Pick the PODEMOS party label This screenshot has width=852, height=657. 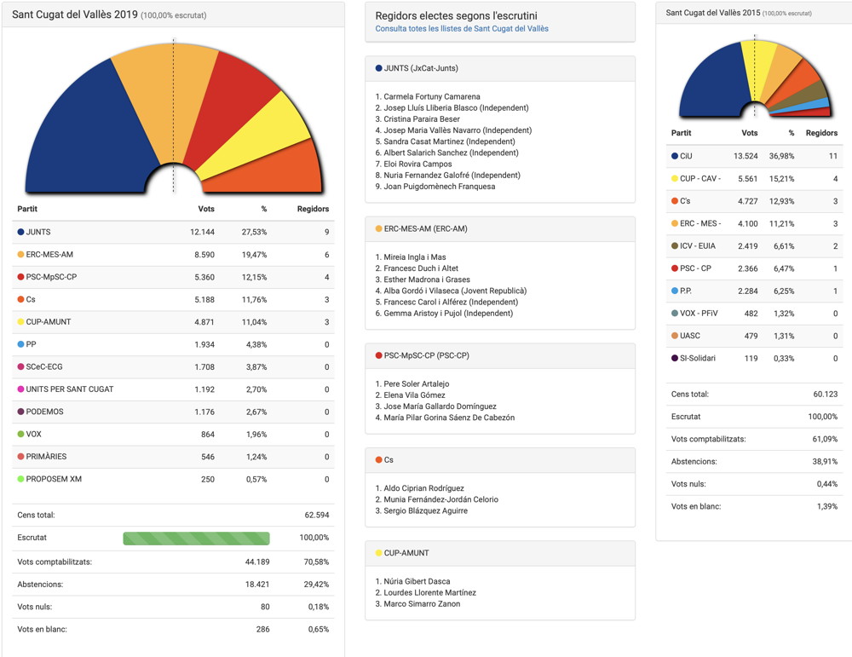tap(45, 412)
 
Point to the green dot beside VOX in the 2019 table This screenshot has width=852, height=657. tap(20, 434)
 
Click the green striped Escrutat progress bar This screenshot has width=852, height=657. tap(196, 539)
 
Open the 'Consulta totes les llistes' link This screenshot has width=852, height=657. tap(462, 29)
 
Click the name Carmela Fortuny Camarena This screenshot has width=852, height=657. tap(432, 97)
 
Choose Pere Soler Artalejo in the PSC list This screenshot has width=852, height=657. tap(416, 384)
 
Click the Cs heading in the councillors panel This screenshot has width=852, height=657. tap(389, 460)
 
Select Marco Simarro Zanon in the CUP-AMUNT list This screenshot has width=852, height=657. tap(422, 604)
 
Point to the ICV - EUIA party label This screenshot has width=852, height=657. tap(697, 246)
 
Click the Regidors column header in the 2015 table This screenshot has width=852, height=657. tap(821, 133)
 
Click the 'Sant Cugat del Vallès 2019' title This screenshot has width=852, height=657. tap(75, 14)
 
